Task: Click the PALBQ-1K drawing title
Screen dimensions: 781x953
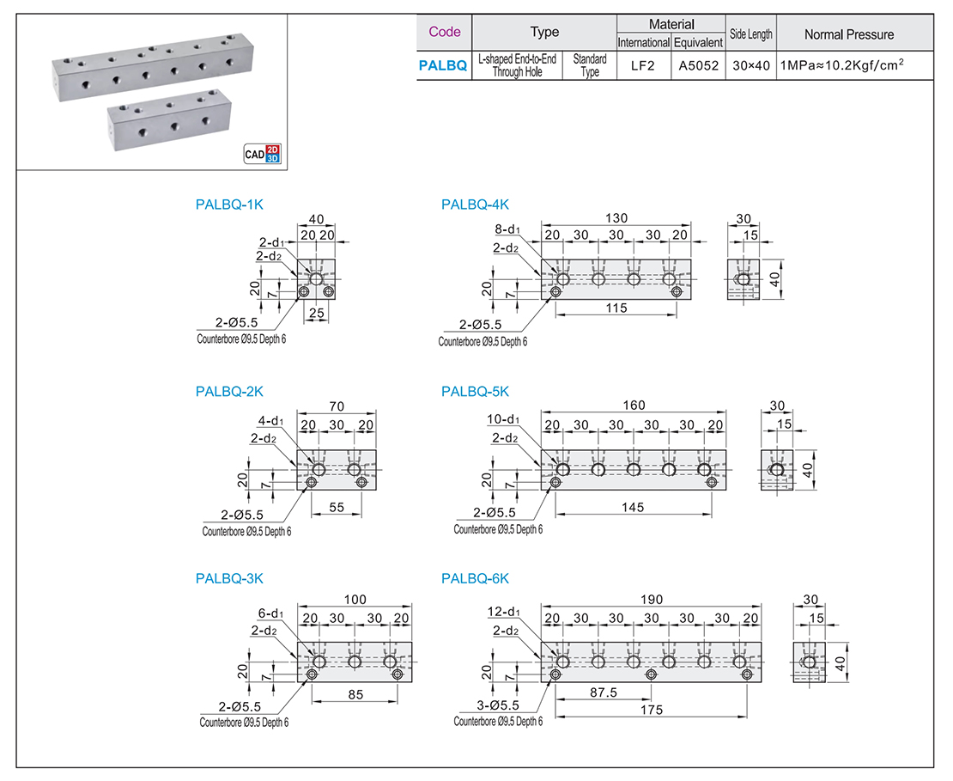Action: click(228, 204)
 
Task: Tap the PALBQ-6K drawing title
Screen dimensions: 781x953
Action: click(475, 579)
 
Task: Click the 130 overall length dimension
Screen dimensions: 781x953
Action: click(616, 217)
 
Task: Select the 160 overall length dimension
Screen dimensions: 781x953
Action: click(634, 406)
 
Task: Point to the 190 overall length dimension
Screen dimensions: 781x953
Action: click(650, 599)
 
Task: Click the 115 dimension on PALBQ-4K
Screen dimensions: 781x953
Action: click(616, 307)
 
